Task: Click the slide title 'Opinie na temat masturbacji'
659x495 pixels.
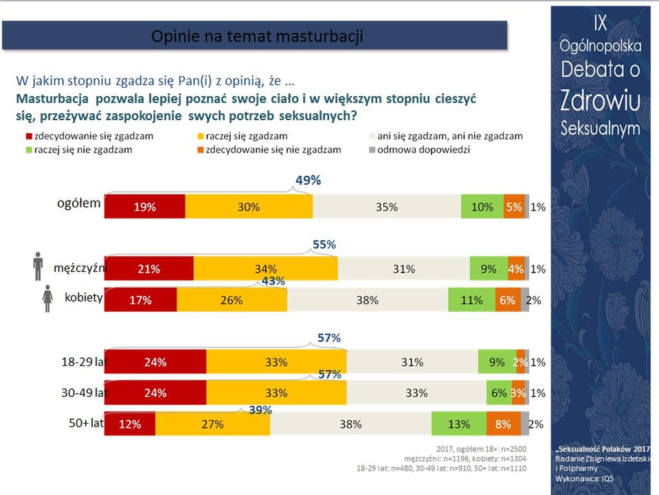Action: click(x=257, y=36)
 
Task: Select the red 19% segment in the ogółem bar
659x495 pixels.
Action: click(x=145, y=207)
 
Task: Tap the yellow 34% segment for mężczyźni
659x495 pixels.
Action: click(x=265, y=269)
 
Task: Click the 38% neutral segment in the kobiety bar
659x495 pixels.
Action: click(x=368, y=300)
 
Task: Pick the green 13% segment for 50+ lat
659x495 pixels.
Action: click(x=459, y=424)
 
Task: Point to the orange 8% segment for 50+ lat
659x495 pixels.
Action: click(x=503, y=424)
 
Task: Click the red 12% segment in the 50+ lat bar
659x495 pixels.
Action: click(x=129, y=424)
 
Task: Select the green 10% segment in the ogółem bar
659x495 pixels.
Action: click(x=482, y=207)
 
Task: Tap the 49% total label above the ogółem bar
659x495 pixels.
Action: click(x=308, y=181)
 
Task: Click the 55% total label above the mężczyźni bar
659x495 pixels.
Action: click(x=323, y=244)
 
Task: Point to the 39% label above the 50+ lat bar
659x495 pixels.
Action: click(x=260, y=410)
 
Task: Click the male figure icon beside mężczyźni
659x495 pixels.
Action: click(x=38, y=266)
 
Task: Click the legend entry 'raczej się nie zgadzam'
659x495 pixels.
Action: click(x=83, y=149)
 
